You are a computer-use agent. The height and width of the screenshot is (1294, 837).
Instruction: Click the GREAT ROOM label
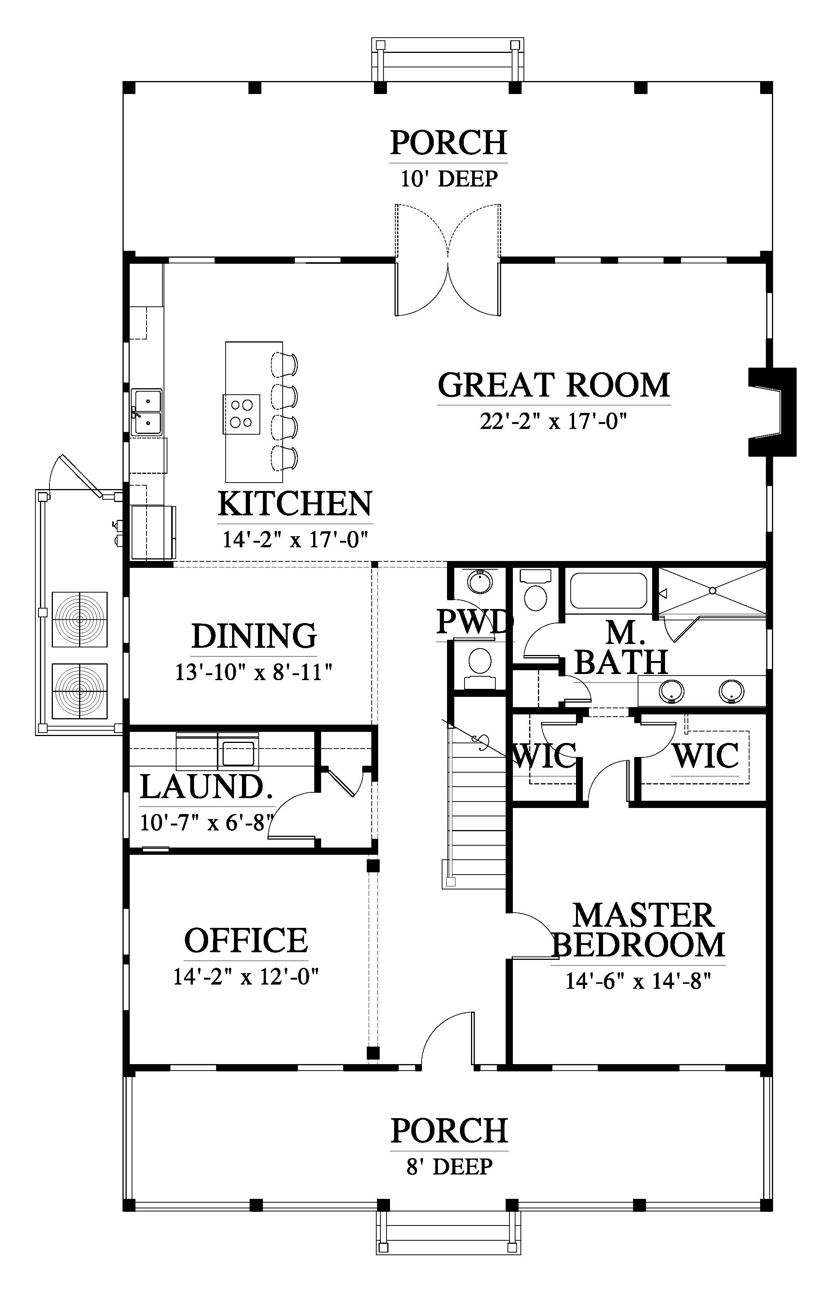pyautogui.click(x=554, y=386)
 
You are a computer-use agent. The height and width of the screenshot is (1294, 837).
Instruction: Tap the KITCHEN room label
pyautogui.click(x=295, y=504)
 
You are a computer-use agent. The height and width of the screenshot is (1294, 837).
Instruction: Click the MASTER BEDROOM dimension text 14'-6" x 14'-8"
pyautogui.click(x=639, y=982)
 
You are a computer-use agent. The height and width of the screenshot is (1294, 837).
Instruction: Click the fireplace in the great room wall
pyautogui.click(x=772, y=412)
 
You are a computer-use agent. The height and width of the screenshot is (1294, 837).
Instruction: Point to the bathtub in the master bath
pyautogui.click(x=608, y=590)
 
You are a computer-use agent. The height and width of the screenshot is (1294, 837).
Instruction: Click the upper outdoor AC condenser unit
pyautogui.click(x=80, y=619)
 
